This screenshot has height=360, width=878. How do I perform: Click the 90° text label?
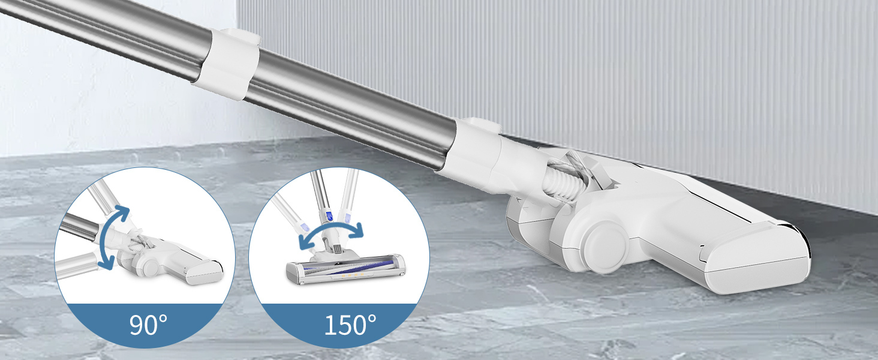(x=148, y=325)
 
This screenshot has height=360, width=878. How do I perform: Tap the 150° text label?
(x=350, y=325)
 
